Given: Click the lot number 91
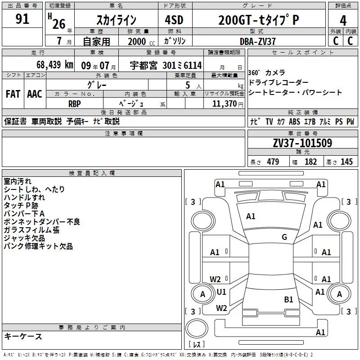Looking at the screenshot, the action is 22,19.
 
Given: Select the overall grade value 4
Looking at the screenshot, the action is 343,20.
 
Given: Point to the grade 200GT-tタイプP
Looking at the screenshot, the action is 258,20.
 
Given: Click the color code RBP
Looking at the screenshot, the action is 74,103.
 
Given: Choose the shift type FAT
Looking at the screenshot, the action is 13,94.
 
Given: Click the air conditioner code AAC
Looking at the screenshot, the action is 35,94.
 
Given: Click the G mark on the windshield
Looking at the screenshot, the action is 284,237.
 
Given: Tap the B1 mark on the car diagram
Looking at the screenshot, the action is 288,299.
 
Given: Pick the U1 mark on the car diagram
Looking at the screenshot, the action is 221,292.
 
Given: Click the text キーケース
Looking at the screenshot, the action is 23,337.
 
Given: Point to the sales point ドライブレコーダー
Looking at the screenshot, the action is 279,83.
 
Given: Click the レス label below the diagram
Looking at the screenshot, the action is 197,345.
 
